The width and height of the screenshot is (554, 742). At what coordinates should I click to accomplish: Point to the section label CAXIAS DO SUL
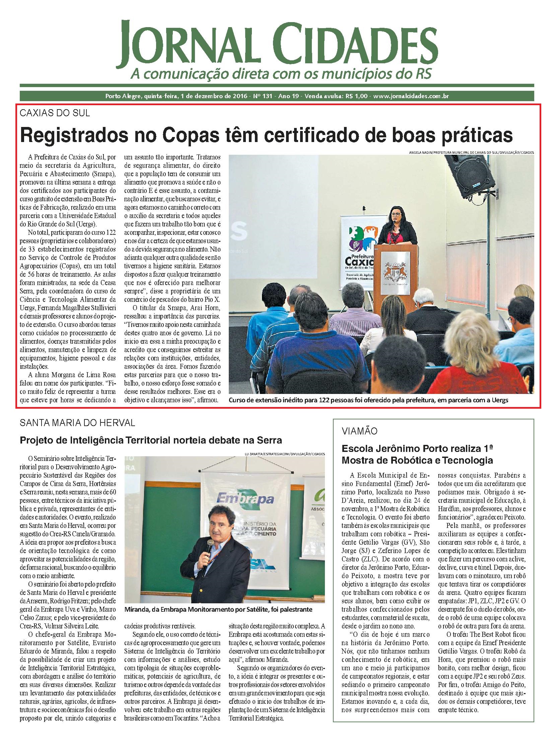(55, 113)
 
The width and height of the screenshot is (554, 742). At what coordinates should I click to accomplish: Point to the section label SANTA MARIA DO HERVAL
(77, 423)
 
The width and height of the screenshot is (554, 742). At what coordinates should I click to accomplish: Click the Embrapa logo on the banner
(245, 499)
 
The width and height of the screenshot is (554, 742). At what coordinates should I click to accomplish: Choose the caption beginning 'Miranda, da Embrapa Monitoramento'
(218, 609)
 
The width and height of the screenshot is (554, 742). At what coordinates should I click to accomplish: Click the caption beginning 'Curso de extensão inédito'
(369, 400)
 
